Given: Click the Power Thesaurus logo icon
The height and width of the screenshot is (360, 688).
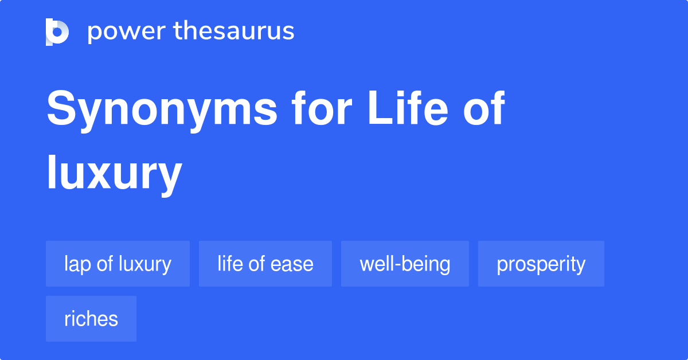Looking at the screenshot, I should pos(57,32).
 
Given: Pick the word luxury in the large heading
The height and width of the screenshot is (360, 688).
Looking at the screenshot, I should pos(114,173).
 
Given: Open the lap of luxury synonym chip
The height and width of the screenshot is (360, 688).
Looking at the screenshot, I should pos(118,264).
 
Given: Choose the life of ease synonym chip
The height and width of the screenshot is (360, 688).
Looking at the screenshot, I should pos(265,264).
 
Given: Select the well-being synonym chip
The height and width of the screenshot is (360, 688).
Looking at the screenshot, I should pos(405,264).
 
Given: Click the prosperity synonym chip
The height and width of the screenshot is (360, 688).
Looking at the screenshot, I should pos(541,264).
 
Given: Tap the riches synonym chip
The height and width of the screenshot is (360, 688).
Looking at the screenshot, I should pos(91,319).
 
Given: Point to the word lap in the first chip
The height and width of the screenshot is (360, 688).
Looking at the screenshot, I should pos(75,264).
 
